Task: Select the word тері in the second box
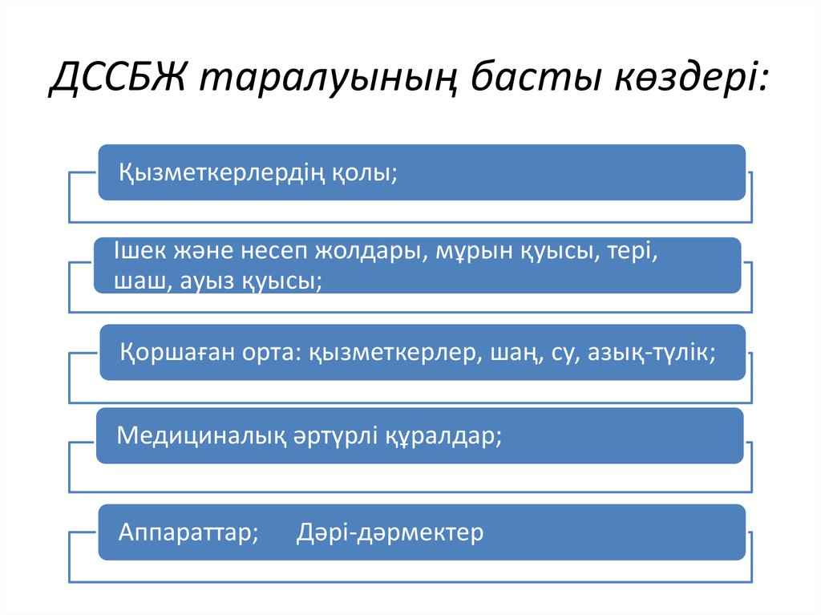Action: [x=633, y=250]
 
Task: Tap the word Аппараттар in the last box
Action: [x=188, y=532]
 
